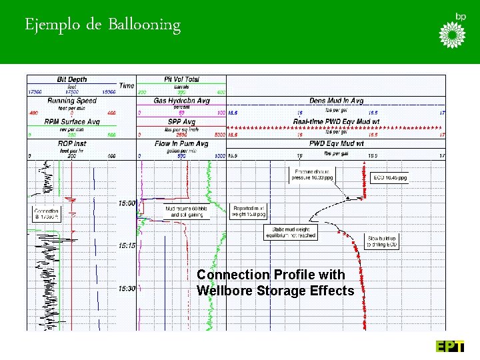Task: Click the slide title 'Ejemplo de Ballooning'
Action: click(x=103, y=25)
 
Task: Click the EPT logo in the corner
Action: click(x=450, y=346)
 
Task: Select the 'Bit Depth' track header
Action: click(x=72, y=79)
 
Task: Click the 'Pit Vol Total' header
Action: click(x=181, y=79)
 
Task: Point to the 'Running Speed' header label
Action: click(x=72, y=101)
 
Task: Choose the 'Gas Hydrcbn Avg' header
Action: click(x=181, y=101)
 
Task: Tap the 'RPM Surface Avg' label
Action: click(x=72, y=122)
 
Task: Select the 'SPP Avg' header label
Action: click(x=181, y=122)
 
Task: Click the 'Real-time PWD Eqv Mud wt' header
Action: click(x=336, y=122)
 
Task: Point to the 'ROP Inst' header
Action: click(x=72, y=143)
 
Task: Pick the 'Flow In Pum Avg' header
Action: click(x=181, y=143)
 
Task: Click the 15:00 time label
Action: click(x=127, y=203)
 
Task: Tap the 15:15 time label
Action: click(x=127, y=245)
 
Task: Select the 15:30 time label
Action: click(x=127, y=288)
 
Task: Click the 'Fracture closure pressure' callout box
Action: click(x=311, y=176)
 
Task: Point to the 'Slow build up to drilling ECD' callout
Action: click(x=382, y=241)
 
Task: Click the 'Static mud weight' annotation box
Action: click(x=290, y=232)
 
